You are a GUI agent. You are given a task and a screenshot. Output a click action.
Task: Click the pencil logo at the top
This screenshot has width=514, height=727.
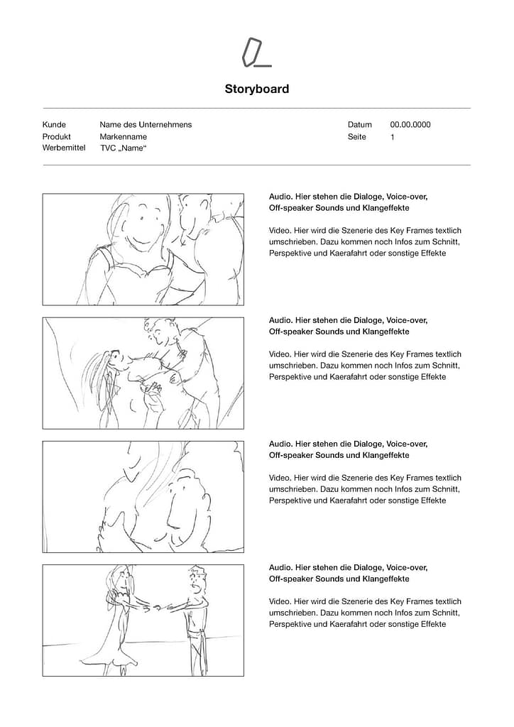tap(256, 53)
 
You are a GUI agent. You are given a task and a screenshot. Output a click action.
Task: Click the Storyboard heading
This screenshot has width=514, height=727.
tap(257, 89)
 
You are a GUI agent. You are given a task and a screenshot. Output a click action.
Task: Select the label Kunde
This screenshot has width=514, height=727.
tap(54, 125)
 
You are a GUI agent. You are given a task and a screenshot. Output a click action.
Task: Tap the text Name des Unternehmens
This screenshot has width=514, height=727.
tap(146, 125)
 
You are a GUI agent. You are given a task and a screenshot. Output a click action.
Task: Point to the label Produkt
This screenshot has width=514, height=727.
tap(57, 137)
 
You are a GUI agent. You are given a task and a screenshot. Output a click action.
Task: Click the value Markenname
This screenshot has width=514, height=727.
tap(124, 137)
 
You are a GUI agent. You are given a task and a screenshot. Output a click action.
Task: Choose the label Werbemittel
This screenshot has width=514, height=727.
tap(64, 148)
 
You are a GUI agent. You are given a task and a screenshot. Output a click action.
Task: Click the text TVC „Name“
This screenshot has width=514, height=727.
tap(124, 148)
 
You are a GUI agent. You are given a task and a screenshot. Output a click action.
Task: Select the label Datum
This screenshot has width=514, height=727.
tap(360, 125)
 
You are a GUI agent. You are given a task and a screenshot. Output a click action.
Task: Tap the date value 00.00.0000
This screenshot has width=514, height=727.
tap(410, 125)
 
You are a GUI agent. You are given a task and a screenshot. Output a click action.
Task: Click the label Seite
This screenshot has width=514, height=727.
tap(357, 137)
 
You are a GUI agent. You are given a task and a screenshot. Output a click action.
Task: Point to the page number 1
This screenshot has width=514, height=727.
tap(393, 137)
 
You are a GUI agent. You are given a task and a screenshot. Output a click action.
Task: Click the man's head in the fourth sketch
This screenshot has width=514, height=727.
tap(197, 579)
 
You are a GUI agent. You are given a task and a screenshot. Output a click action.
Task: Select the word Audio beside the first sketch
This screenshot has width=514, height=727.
tap(281, 197)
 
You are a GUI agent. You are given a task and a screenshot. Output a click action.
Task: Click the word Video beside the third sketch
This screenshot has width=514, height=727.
tap(280, 478)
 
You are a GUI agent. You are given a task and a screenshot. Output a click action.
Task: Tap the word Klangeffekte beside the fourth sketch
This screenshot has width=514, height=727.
tap(385, 579)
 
